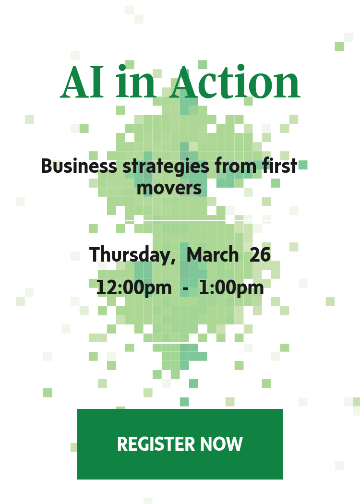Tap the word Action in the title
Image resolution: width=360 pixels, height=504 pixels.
pyautogui.click(x=235, y=83)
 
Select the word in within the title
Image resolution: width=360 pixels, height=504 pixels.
pyautogui.click(x=136, y=83)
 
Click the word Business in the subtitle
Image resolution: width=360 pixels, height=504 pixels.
pyautogui.click(x=79, y=166)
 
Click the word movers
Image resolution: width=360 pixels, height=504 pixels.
pyautogui.click(x=169, y=188)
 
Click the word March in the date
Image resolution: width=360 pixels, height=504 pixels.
pyautogui.click(x=212, y=255)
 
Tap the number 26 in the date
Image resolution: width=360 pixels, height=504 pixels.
pyautogui.click(x=260, y=255)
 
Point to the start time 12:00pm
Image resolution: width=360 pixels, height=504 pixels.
pyautogui.click(x=133, y=288)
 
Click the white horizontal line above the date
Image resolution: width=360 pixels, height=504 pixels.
pyautogui.click(x=171, y=220)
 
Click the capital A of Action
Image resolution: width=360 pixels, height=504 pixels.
pyautogui.click(x=185, y=83)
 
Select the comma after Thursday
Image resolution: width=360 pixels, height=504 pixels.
pyautogui.click(x=173, y=262)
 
